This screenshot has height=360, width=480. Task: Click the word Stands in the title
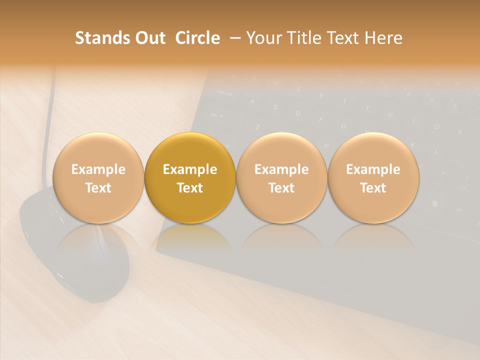pos(100,38)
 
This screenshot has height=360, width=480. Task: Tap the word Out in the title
pos(148,38)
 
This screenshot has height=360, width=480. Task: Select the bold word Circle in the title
pos(197,38)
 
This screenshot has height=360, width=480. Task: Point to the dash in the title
pos(233,38)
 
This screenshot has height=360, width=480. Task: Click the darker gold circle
pos(190,177)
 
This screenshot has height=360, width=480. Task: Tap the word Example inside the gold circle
pos(190,169)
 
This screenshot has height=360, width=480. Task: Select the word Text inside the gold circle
pos(190,188)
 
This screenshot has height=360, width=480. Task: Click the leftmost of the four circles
pos(98,177)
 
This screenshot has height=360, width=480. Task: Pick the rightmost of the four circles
pos(373,177)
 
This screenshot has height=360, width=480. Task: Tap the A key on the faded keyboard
pos(252,101)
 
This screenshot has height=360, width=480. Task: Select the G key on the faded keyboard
pos(343,126)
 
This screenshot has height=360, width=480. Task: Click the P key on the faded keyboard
pos(459,132)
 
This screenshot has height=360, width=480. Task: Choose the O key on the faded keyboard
pos(436,126)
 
